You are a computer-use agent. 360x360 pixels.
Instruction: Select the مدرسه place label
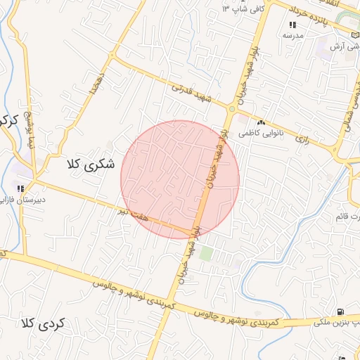(292, 34)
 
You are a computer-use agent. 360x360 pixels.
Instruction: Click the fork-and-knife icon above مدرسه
(293, 25)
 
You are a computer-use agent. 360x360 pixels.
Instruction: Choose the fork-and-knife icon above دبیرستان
(21, 188)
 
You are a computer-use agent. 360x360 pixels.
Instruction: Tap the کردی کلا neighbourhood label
(43, 324)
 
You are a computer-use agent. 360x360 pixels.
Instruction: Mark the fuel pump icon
(340, 311)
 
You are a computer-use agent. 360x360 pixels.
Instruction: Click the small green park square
(205, 253)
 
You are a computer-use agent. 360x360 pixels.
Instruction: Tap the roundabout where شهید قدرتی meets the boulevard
(231, 108)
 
